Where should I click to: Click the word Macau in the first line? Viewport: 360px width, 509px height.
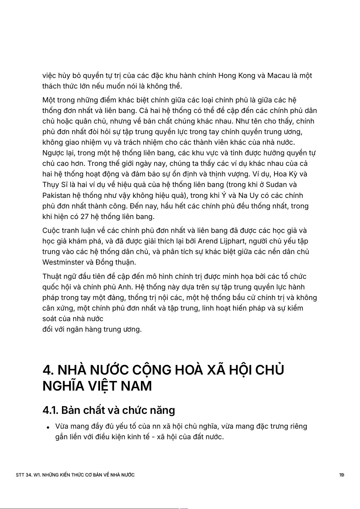pos(278,76)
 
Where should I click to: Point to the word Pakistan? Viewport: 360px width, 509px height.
pos(55,195)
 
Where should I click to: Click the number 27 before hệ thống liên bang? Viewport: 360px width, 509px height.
pos(84,217)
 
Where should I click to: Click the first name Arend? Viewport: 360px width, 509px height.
pos(208,241)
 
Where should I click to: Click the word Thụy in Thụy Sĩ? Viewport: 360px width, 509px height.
pos(51,185)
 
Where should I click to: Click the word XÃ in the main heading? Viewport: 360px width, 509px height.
pos(216,370)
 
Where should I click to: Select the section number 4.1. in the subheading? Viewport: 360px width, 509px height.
pos(50,410)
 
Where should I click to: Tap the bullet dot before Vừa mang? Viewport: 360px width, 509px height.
pos(48,427)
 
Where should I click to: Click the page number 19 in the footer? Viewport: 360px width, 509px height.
pos(342,475)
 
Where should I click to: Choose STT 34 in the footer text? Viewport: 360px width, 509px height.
pos(24,475)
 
